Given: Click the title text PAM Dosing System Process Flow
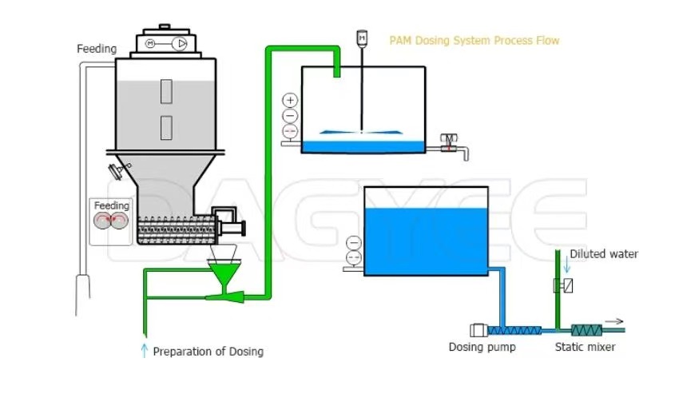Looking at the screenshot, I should click(x=474, y=41).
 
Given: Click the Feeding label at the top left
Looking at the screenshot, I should click(x=97, y=49).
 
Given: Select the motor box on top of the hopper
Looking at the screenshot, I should click(x=165, y=43).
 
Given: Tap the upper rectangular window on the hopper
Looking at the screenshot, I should click(x=166, y=91).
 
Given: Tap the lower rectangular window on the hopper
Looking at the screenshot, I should click(x=166, y=126).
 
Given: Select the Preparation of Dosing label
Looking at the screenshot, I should click(x=208, y=351).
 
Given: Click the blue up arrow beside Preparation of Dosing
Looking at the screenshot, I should click(x=145, y=350).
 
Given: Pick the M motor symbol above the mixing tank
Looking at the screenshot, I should click(x=361, y=37).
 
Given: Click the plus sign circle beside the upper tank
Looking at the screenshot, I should click(x=290, y=101).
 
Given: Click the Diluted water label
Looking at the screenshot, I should click(x=604, y=254).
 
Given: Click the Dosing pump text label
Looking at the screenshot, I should click(x=482, y=347).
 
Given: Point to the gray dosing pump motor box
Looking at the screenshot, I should click(x=478, y=329).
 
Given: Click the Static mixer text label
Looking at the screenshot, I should click(x=586, y=347).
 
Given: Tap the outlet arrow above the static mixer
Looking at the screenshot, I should click(x=613, y=320).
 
